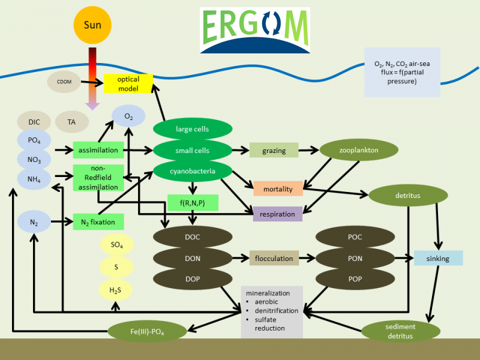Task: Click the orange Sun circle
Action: point(92,25)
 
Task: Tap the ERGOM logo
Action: point(255,31)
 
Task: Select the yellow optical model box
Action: point(128,83)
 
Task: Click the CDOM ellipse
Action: point(64,82)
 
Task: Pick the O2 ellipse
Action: point(128,116)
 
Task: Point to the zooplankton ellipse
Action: point(358,150)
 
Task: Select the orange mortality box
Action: point(278,188)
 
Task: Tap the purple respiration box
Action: point(277,214)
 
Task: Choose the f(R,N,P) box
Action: point(193,203)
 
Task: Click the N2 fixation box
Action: point(98,222)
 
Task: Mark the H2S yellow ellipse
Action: point(115,290)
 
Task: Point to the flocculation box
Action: point(274,259)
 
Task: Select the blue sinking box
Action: point(438,258)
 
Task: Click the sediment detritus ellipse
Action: point(400,331)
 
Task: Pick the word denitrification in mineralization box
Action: point(276,311)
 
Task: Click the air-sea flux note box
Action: point(402,72)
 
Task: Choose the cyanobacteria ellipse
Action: point(193,172)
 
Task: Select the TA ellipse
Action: point(71,122)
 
